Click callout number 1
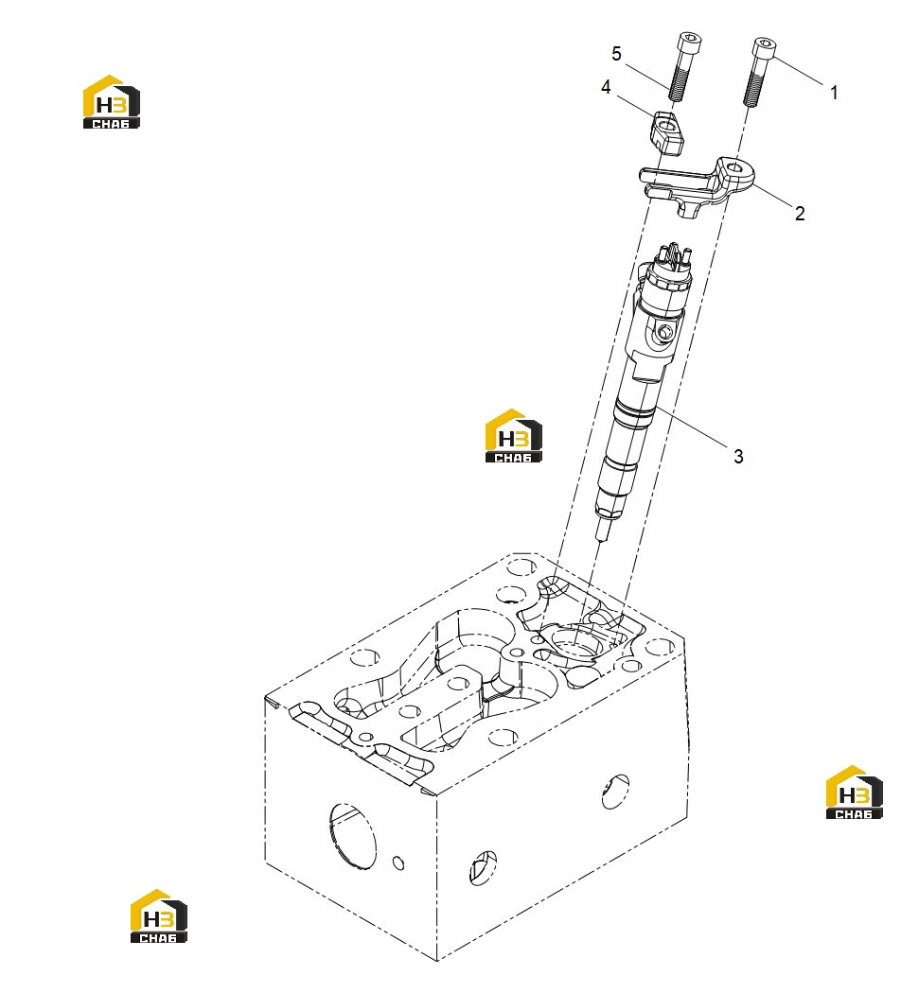pos(834,93)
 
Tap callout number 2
pos(800,214)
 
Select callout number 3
pos(738,456)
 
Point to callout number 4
pos(606,87)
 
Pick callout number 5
pos(616,54)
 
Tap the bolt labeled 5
pos(681,65)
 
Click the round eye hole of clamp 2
pos(735,168)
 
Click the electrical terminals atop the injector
pos(675,253)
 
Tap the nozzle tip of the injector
pos(603,528)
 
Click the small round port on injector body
pos(664,332)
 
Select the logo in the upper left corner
pos(112,102)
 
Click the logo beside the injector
pos(514,436)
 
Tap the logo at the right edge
pos(854,793)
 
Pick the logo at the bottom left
pos(158,915)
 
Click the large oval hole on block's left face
pos(352,835)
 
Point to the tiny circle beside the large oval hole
pos(398,862)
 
